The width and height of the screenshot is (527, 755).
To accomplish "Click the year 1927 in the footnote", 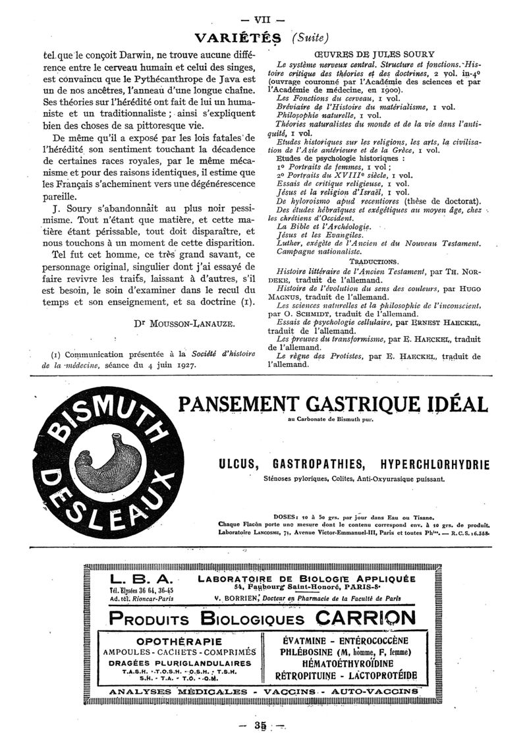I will pos(178,366).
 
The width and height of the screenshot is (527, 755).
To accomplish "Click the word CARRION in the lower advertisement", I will pos(366,619).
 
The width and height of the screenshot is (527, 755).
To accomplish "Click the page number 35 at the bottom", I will pos(262,725).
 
